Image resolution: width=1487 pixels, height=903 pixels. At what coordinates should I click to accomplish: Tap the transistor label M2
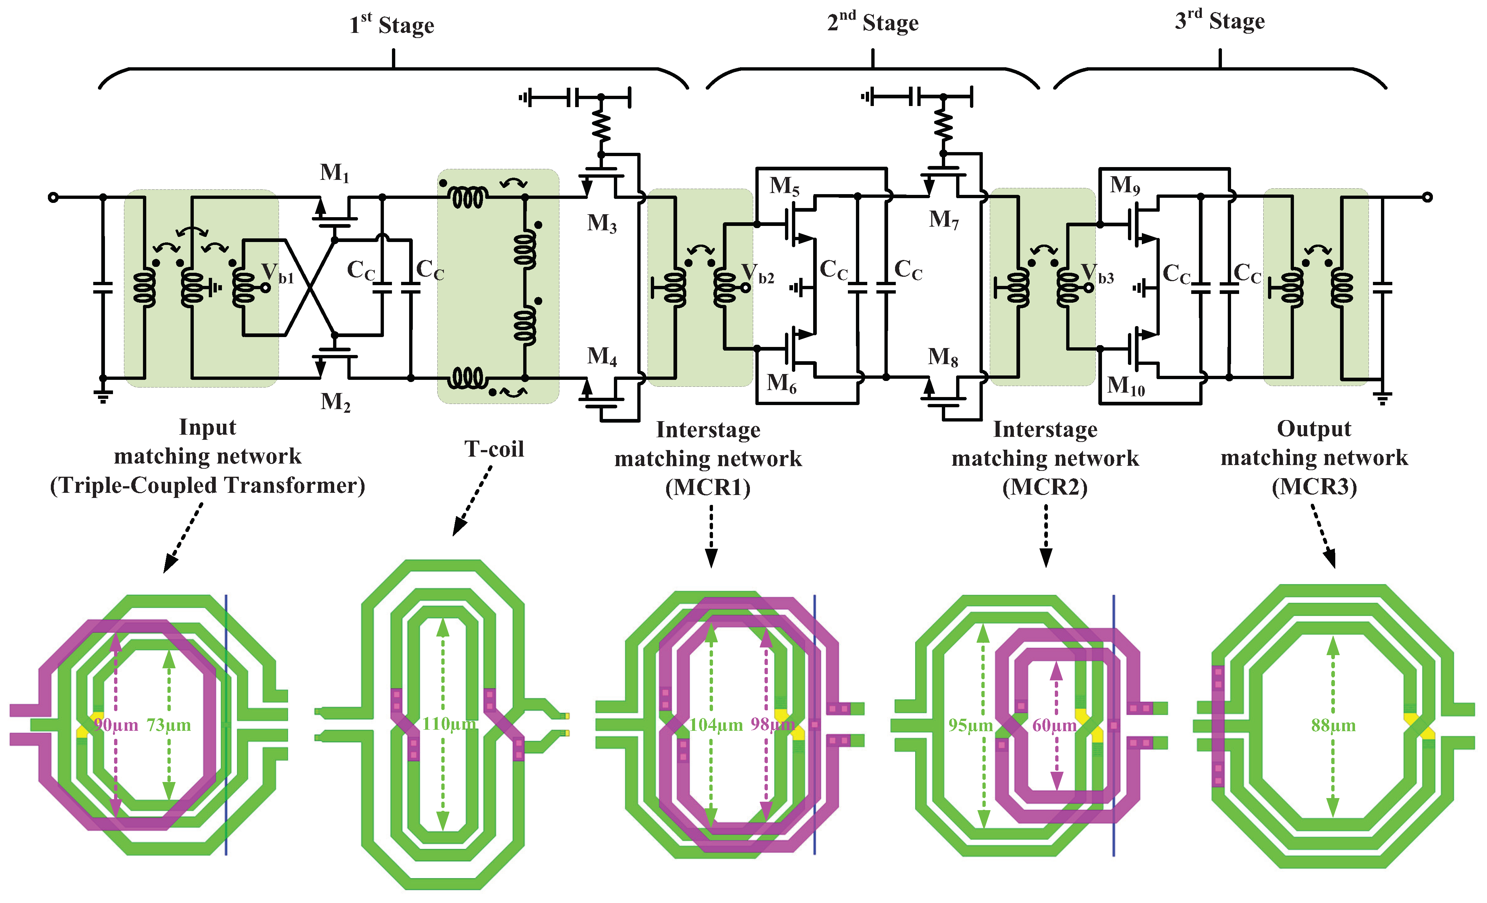click(335, 401)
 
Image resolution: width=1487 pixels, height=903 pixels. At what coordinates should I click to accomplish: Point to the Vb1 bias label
click(277, 274)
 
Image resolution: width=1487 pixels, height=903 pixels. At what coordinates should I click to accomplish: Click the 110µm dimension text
click(448, 724)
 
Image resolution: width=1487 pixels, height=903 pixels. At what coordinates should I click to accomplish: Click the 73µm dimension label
click(169, 725)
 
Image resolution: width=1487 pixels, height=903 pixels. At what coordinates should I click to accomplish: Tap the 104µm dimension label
click(716, 725)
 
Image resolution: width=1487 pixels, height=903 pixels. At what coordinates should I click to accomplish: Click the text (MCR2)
click(1045, 487)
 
